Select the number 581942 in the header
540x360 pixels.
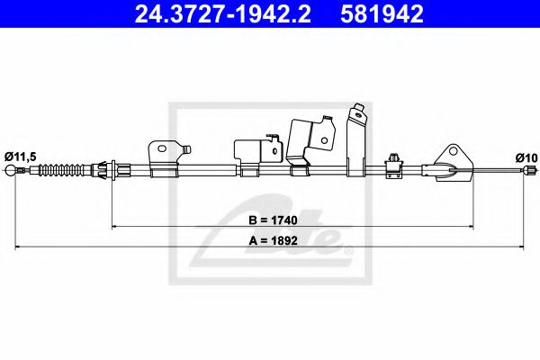(x=381, y=15)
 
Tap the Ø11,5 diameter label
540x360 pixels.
(x=21, y=157)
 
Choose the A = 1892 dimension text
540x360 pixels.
(x=272, y=240)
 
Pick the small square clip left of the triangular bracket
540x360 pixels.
(x=394, y=162)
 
